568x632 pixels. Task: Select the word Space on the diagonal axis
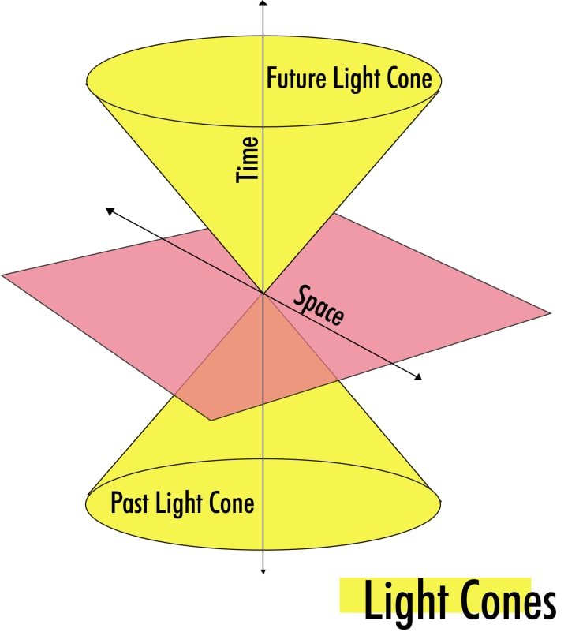pos(319,305)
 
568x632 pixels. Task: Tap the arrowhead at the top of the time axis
pos(262,4)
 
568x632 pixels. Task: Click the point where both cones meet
pos(262,294)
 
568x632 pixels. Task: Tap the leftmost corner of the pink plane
pos(3,275)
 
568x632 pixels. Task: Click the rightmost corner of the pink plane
pos(548,314)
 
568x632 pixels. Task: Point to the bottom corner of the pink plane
pos(211,420)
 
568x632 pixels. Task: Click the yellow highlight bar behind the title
pos(351,596)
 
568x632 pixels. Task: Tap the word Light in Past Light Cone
pos(177,503)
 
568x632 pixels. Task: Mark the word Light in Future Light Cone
pos(355,79)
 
